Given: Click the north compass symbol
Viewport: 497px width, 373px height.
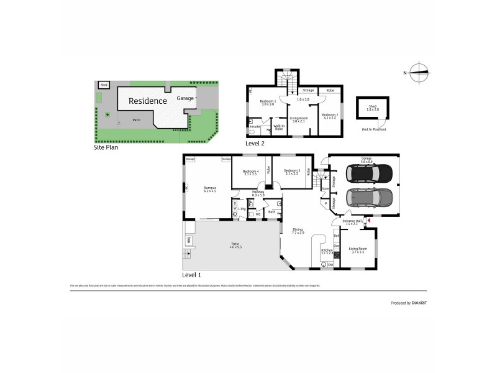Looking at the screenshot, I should click(x=421, y=73).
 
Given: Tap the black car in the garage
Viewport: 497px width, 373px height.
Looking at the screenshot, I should click(x=370, y=172).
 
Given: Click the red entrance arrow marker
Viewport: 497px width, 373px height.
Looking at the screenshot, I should click(x=369, y=220).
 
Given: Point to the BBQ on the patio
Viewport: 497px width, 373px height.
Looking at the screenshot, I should click(x=187, y=240).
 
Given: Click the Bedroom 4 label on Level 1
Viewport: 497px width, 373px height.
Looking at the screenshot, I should click(x=250, y=172).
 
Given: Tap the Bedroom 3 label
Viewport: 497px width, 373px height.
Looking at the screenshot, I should click(x=292, y=172).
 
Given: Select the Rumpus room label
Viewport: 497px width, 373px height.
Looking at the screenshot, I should click(x=209, y=188).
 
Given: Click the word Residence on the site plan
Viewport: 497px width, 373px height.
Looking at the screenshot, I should click(x=147, y=101).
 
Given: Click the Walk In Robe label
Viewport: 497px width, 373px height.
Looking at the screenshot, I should click(x=279, y=127).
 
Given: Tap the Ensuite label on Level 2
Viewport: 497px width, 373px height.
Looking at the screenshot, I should click(x=254, y=127).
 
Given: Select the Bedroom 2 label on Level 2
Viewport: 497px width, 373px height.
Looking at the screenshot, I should click(x=330, y=116).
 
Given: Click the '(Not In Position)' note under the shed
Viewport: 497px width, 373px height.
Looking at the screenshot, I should click(x=373, y=129).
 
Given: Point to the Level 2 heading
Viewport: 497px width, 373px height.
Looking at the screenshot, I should click(x=254, y=144).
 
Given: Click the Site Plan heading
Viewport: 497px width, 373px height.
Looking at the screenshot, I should click(x=106, y=148).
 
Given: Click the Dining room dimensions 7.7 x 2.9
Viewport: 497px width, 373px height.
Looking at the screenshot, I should click(x=298, y=233).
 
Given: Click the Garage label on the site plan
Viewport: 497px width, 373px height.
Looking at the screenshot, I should click(x=185, y=99).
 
